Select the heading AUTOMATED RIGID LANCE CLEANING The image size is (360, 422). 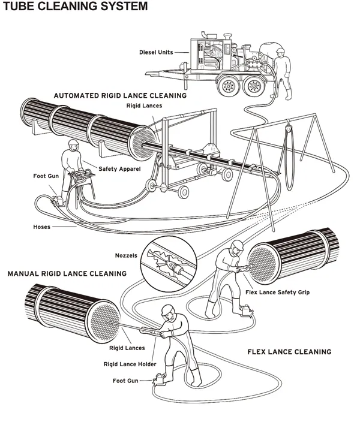[x=120, y=95]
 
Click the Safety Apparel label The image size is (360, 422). [x=120, y=170]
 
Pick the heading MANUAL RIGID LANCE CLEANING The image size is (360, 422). [x=67, y=273]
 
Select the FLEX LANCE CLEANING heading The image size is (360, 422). [x=289, y=351]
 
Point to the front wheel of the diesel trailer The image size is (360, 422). [x=229, y=89]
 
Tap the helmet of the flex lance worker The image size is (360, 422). [x=238, y=246]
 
